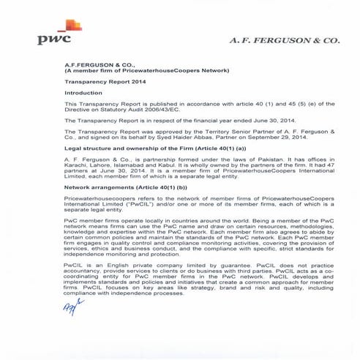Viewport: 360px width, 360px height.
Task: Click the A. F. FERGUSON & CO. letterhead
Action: coord(285,40)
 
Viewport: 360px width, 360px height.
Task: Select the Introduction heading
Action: coord(84,94)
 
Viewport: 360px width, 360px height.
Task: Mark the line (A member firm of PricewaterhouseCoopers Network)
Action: coord(147,70)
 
